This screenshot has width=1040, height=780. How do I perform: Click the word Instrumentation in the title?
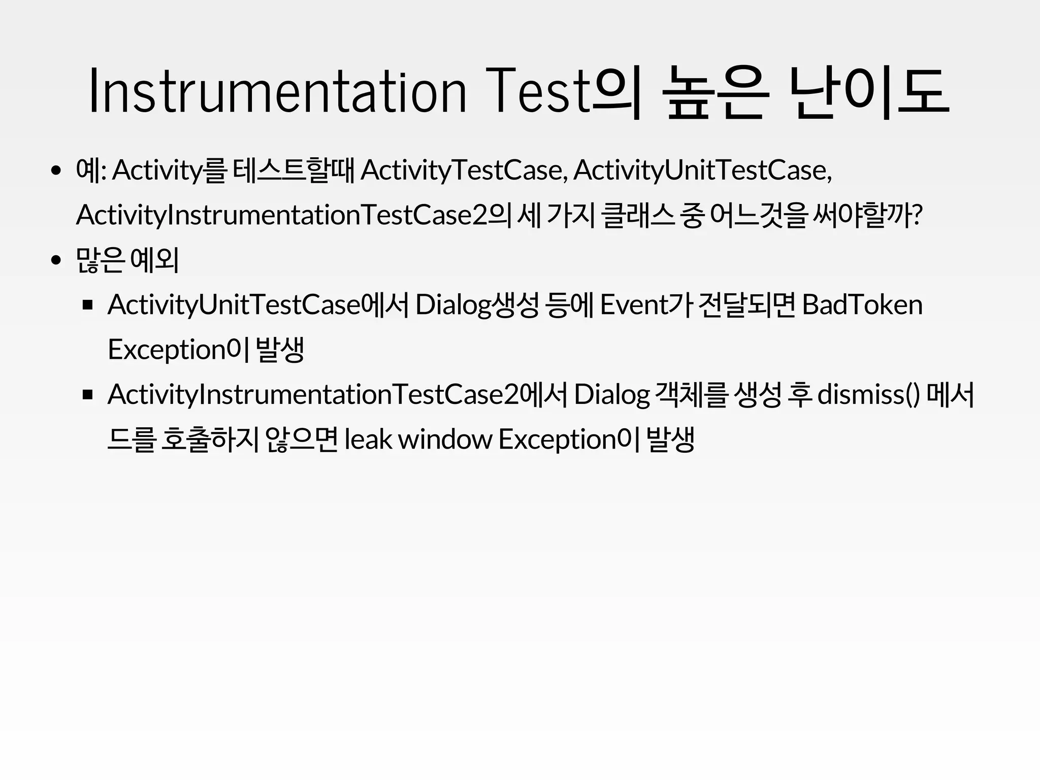coord(277,92)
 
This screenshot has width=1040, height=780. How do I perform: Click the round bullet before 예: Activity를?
coord(56,171)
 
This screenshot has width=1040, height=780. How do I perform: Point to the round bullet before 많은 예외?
coord(56,261)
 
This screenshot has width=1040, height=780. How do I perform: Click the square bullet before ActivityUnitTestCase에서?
coord(88,305)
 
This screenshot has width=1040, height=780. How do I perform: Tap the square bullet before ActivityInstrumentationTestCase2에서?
coord(88,395)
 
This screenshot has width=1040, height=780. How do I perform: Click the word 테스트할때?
coord(293,170)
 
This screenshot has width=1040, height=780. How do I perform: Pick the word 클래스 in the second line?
coord(637,215)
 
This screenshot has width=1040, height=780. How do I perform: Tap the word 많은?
coord(100,260)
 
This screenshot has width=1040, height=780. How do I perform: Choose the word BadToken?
coord(862,304)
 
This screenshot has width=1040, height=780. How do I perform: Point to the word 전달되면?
coord(747,304)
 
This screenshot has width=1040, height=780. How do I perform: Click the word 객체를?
coord(692,394)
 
